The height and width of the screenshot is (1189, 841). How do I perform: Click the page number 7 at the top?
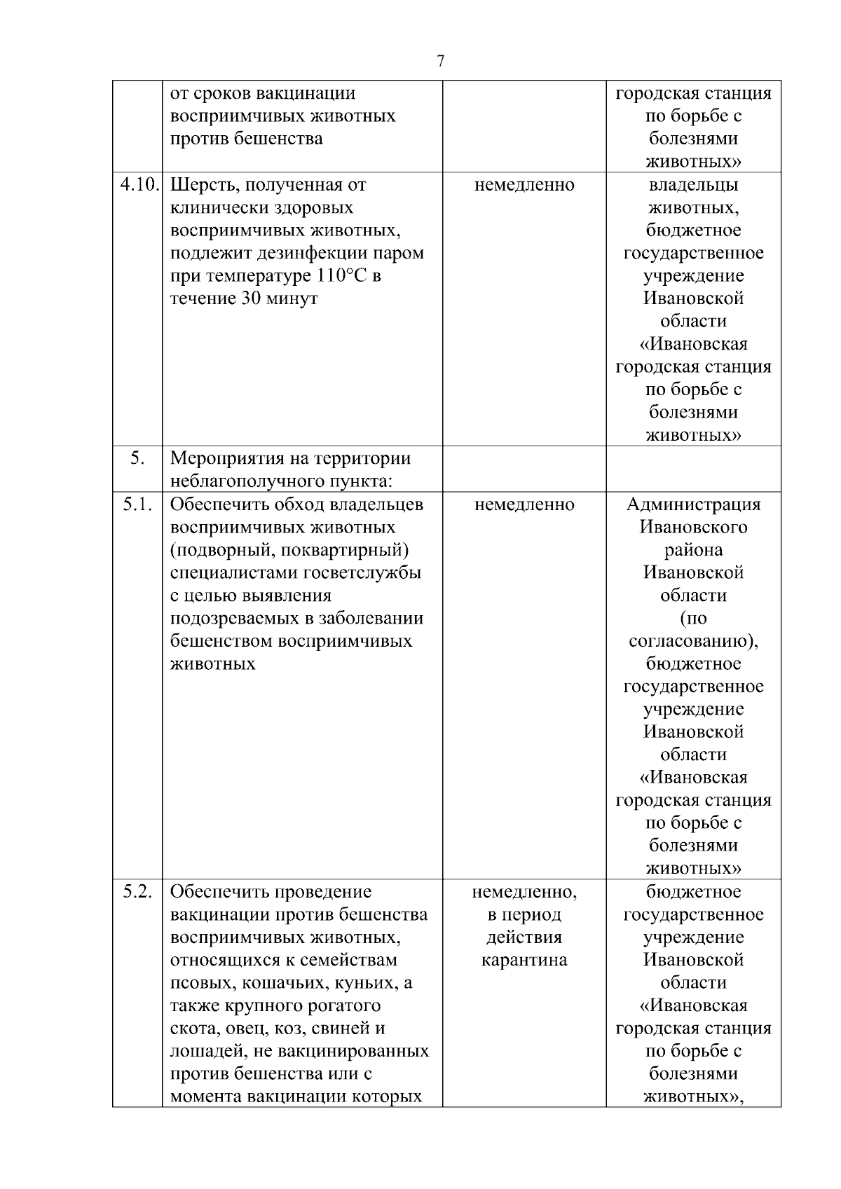point(440,62)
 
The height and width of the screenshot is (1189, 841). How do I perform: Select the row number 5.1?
point(137,504)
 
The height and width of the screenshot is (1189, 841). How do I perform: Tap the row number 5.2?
point(137,892)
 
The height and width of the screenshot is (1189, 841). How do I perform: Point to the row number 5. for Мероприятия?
point(137,459)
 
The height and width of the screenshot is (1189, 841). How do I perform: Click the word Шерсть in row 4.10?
point(199,186)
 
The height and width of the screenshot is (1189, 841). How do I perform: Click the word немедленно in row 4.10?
point(524,185)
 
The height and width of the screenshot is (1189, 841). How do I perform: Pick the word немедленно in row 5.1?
point(524,504)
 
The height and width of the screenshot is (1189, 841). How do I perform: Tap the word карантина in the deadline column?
point(524,960)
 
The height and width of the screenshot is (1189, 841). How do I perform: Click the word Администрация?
point(692,504)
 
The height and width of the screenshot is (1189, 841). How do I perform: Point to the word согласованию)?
point(692,641)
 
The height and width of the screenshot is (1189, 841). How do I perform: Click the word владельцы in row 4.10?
point(692,185)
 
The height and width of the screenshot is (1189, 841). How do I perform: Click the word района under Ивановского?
point(692,550)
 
